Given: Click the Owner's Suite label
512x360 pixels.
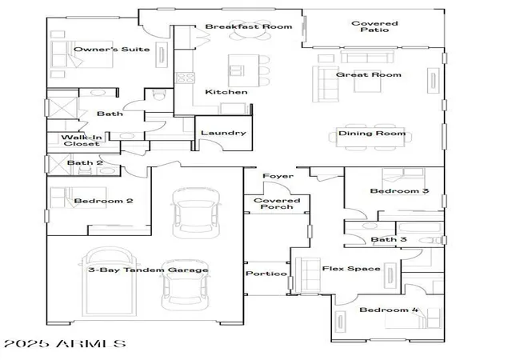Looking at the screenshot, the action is [x=112, y=50].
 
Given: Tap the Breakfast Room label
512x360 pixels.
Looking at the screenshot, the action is [x=249, y=26].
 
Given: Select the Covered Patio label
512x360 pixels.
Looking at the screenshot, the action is [x=374, y=26].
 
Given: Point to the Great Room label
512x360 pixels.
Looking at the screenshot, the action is [x=369, y=74].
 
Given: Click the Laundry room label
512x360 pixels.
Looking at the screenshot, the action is [x=223, y=133].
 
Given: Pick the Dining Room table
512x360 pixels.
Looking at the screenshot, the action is [x=371, y=138].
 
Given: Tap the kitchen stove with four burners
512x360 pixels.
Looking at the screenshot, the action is [x=186, y=78].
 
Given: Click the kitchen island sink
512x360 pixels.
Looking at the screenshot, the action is [x=237, y=70].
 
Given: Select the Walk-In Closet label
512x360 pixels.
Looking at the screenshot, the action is [x=82, y=141].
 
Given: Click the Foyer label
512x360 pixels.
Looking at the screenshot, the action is [x=278, y=176].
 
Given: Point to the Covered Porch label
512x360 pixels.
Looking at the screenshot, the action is [x=277, y=203].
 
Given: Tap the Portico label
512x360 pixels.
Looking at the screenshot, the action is [x=266, y=274].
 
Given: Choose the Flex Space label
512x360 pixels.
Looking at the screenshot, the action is [x=351, y=269].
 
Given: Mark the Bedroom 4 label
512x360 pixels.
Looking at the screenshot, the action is [x=389, y=310].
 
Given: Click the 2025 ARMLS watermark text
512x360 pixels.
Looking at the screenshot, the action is [x=65, y=344].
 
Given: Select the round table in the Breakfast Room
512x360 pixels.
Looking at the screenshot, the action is [x=246, y=31].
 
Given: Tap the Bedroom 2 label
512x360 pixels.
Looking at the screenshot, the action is [x=103, y=201].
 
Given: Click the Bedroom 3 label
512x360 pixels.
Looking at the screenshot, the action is [x=399, y=190].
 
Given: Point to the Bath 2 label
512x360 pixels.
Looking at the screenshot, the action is [x=85, y=162].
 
